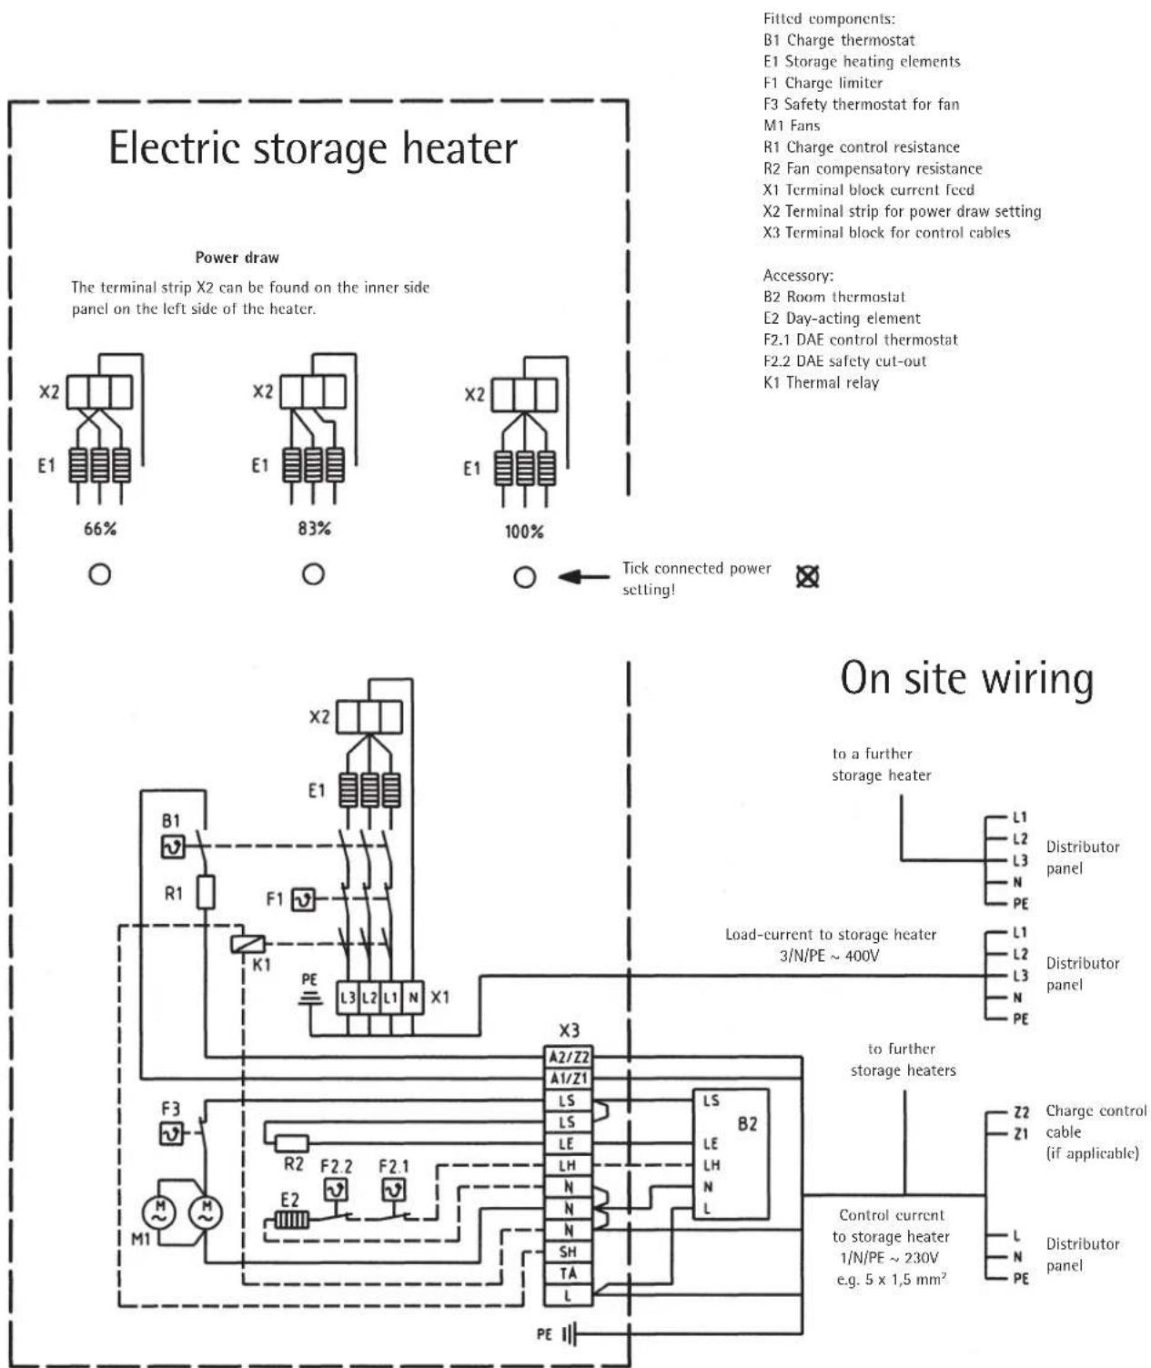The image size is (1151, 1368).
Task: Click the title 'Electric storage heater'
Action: pos(313,148)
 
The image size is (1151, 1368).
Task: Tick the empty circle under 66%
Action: pos(99,575)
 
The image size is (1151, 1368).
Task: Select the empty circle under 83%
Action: pos(313,575)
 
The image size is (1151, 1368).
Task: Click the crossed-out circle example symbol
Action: pos(806,576)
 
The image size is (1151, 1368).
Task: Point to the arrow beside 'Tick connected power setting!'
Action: pos(583,577)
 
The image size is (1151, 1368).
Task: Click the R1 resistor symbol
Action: pos(207,893)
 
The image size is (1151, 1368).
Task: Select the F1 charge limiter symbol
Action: pos(302,900)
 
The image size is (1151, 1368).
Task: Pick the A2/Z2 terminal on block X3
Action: pos(569,1057)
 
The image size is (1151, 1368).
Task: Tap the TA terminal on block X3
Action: pos(568,1273)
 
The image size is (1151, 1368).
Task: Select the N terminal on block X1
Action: pos(413,998)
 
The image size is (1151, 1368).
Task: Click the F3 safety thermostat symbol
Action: pos(172,1134)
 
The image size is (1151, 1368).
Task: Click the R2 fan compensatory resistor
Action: pos(292,1143)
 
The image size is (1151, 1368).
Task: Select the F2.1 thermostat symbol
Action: pos(393,1190)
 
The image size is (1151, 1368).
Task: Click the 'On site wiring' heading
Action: pos(966,678)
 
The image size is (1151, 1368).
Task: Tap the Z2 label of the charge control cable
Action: pos(1021,1113)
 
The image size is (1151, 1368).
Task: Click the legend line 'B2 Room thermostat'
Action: pos(834,297)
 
